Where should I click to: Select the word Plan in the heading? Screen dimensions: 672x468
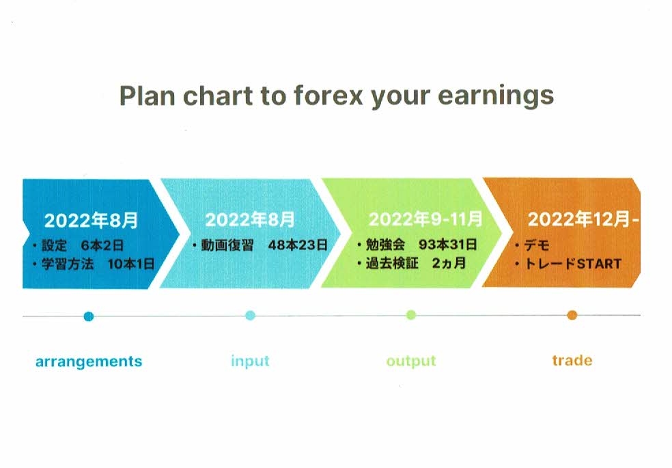click(x=147, y=96)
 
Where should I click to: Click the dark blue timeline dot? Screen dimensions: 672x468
click(x=89, y=317)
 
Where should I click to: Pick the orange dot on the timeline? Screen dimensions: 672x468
click(x=572, y=316)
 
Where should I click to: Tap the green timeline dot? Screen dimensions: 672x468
click(x=411, y=316)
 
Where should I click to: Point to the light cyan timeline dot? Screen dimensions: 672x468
click(x=250, y=316)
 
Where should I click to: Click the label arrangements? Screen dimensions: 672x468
click(x=89, y=361)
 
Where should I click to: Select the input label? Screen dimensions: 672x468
click(x=250, y=361)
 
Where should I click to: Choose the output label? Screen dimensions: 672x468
click(x=411, y=361)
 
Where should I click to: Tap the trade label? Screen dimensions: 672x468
click(x=572, y=361)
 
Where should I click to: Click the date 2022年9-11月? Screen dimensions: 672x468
click(x=425, y=219)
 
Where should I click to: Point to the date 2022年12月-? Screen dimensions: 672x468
click(x=583, y=219)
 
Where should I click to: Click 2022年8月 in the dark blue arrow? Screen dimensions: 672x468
click(x=91, y=220)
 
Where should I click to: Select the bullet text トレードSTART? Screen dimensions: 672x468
click(x=573, y=264)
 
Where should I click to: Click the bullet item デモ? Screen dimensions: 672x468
click(x=537, y=245)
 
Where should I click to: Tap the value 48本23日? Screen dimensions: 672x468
click(x=298, y=245)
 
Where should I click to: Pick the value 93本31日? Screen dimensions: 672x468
click(x=448, y=245)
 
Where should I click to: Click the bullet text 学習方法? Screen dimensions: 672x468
click(x=68, y=264)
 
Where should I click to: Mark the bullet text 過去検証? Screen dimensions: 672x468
click(x=392, y=263)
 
